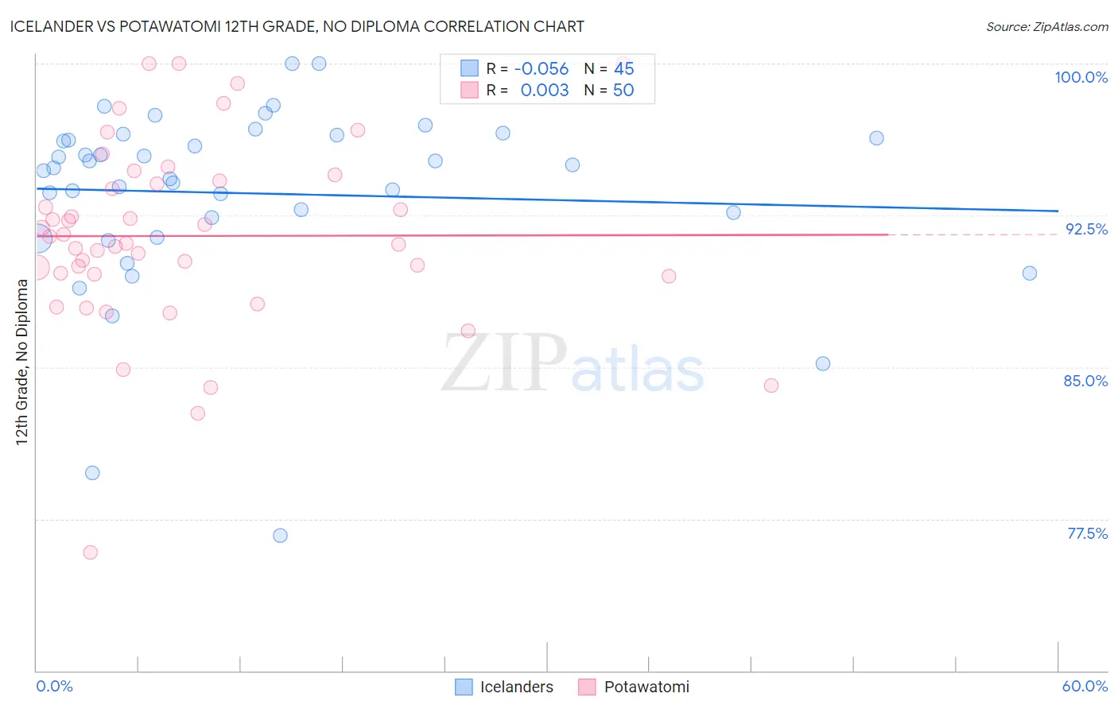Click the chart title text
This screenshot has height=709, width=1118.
pyautogui.click(x=297, y=27)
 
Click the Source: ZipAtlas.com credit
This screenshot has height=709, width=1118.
pyautogui.click(x=1046, y=27)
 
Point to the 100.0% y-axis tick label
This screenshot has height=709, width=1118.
pyautogui.click(x=1081, y=78)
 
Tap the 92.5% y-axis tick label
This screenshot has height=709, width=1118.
pyautogui.click(x=1086, y=229)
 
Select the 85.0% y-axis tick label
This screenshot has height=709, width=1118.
pyautogui.click(x=1085, y=382)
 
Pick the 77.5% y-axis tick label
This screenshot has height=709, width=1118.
pyautogui.click(x=1087, y=533)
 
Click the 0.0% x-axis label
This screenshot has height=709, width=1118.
pyautogui.click(x=55, y=686)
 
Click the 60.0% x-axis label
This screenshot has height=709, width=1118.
pyautogui.click(x=1085, y=686)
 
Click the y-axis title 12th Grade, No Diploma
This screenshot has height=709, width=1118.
pyautogui.click(x=22, y=362)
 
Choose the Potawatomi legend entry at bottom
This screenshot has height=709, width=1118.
pyautogui.click(x=634, y=687)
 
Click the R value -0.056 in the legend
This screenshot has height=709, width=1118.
pyautogui.click(x=542, y=69)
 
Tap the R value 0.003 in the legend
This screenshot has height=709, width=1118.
pyautogui.click(x=545, y=91)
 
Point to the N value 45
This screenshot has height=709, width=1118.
pyautogui.click(x=624, y=69)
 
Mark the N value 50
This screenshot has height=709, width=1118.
pyautogui.click(x=623, y=91)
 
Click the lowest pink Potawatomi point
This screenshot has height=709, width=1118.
pyautogui.click(x=91, y=552)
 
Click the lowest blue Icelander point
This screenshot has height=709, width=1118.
pyautogui.click(x=280, y=536)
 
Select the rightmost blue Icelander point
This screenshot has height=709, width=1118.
pyautogui.click(x=1029, y=273)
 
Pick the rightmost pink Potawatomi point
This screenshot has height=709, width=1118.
pyautogui.click(x=771, y=385)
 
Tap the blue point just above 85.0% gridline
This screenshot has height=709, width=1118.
pyautogui.click(x=823, y=364)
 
